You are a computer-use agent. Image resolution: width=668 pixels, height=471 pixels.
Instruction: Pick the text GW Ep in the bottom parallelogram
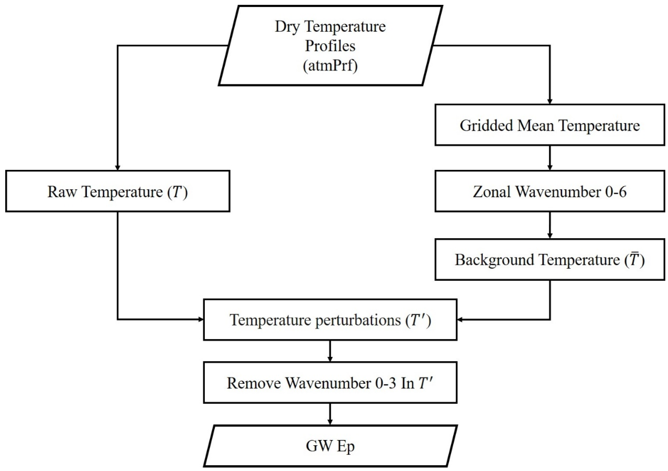[x=330, y=446]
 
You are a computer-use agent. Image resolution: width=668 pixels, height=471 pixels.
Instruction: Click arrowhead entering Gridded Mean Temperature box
[x=550, y=102]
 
